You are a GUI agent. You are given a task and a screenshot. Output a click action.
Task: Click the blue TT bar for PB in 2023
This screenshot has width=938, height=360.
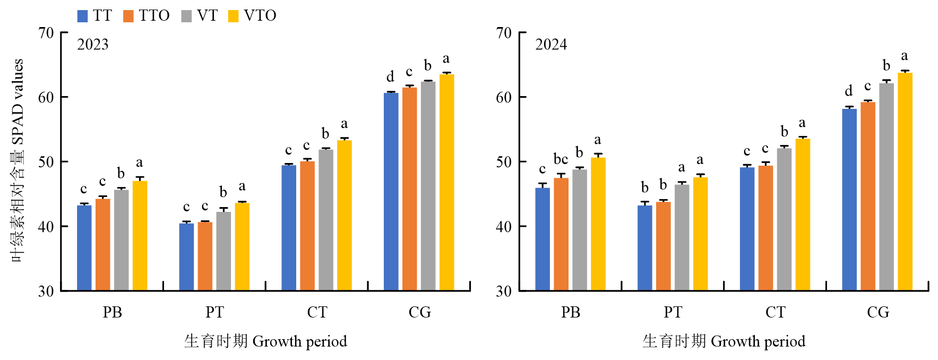pos(84,247)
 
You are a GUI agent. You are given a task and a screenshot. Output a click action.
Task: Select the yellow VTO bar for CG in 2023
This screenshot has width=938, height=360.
pos(446,182)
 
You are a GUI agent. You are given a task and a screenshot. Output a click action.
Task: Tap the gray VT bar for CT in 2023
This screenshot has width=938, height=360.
pos(326,220)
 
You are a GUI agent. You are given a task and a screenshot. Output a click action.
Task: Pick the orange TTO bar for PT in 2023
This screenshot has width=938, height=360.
pos(205,256)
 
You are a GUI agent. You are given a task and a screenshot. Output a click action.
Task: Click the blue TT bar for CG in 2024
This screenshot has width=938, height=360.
pos(849,200)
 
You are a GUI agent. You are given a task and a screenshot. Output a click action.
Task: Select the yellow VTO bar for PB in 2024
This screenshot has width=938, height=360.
pos(598,224)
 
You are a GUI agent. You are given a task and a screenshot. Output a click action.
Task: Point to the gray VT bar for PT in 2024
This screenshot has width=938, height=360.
pos(682,237)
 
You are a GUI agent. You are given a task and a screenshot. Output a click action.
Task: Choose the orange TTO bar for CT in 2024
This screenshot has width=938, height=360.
pos(765,228)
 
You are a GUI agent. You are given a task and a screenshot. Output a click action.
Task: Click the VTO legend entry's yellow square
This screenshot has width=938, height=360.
pos(233,16)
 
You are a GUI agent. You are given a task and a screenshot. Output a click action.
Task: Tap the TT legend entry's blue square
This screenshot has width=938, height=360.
pos(82,16)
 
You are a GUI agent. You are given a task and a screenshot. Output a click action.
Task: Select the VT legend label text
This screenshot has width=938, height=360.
pos(207,16)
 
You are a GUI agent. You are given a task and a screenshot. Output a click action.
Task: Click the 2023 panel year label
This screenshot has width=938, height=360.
pos(93,45)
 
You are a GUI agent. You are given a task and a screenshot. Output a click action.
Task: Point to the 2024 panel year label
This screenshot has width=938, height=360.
pos(551,45)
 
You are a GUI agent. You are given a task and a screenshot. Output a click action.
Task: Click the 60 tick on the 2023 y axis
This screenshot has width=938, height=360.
pos(46,97)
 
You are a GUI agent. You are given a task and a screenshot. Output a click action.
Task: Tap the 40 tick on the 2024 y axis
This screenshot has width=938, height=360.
pos(504,227)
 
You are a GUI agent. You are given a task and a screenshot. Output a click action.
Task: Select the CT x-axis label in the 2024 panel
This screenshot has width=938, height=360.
pos(775,312)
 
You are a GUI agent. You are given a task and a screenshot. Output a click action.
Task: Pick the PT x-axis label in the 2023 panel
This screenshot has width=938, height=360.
pos(214,312)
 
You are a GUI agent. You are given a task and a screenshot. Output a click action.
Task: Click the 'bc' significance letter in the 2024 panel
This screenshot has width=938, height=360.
pos(561,159)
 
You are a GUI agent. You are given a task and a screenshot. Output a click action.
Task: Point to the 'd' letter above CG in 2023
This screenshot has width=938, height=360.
pos(390,77)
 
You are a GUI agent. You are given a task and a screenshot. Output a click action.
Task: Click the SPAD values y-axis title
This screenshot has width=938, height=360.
pos(18,159)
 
